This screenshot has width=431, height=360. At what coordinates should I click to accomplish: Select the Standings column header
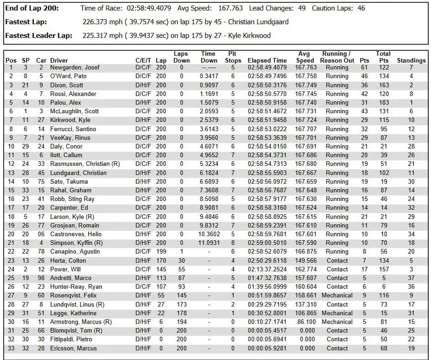click(411, 60)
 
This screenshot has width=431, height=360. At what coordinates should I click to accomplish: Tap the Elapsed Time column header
click(267, 60)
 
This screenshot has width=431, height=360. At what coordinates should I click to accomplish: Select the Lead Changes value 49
click(301, 8)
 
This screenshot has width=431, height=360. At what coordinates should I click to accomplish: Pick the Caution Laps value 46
click(361, 8)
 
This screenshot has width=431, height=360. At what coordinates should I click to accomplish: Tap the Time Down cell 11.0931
click(209, 243)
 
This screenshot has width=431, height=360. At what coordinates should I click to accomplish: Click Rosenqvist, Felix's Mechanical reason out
click(337, 296)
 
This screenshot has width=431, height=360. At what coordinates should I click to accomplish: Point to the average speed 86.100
click(305, 322)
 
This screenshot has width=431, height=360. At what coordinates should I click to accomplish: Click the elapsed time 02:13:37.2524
click(267, 270)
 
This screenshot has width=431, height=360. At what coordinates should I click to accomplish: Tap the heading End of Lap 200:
click(32, 8)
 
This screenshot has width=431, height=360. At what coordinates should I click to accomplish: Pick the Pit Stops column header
click(232, 57)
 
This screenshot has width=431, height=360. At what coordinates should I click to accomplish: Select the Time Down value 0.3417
click(209, 76)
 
